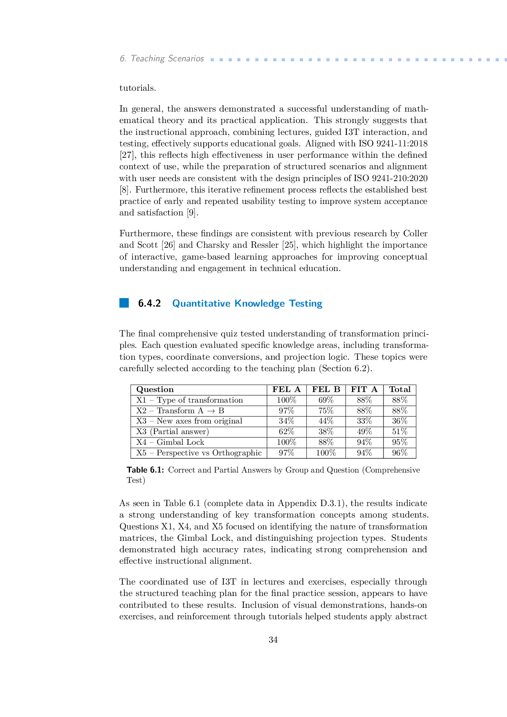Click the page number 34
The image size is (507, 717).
pyautogui.click(x=273, y=640)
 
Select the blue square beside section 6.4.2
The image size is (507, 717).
pyautogui.click(x=124, y=303)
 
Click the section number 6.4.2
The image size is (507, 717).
pyautogui.click(x=149, y=303)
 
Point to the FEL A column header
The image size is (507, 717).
pyautogui.click(x=286, y=390)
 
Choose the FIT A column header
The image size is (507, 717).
pyautogui.click(x=364, y=390)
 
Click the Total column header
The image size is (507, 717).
pyautogui.click(x=399, y=390)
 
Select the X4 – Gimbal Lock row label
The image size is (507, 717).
pyautogui.click(x=170, y=442)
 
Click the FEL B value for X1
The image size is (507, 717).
pyautogui.click(x=326, y=400)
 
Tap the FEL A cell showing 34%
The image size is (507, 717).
pyautogui.click(x=286, y=421)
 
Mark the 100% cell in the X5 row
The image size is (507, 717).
pyautogui.click(x=326, y=453)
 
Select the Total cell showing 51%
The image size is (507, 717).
pyautogui.click(x=399, y=432)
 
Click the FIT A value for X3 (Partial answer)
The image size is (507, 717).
pyautogui.click(x=364, y=432)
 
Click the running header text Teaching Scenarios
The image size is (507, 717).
pyautogui.click(x=167, y=58)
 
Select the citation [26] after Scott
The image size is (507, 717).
pyautogui.click(x=168, y=245)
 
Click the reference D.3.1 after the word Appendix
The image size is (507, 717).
pyautogui.click(x=332, y=503)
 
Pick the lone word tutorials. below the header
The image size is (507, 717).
pyautogui.click(x=137, y=88)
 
